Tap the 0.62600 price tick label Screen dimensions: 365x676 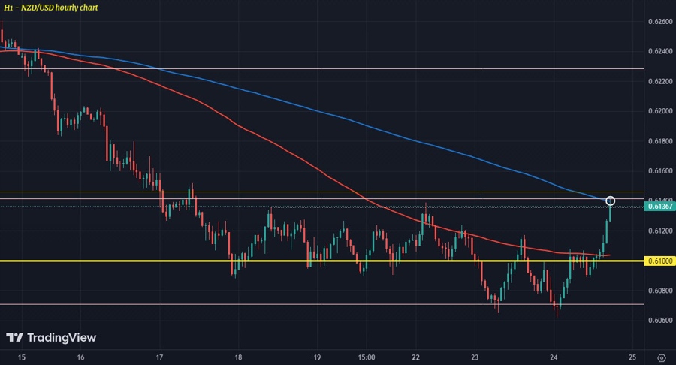(x=658, y=22)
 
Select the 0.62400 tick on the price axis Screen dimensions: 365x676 (x=658, y=51)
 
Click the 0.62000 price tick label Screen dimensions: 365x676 (x=658, y=111)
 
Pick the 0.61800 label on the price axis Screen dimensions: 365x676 (x=658, y=141)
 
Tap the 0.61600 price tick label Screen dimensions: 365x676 (x=658, y=171)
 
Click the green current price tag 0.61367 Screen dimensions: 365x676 (x=658, y=206)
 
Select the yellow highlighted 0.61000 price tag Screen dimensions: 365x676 (x=658, y=261)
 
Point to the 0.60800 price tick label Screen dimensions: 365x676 (x=658, y=291)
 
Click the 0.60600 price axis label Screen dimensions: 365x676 (x=658, y=321)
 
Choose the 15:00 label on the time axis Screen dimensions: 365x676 (x=367, y=357)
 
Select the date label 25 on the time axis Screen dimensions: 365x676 (x=632, y=357)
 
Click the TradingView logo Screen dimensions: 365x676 (x=51, y=338)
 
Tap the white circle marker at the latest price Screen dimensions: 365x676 (x=611, y=201)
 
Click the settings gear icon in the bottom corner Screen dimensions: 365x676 (x=661, y=357)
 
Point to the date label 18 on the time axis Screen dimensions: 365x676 (x=238, y=357)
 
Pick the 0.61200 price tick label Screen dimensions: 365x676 (x=658, y=231)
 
